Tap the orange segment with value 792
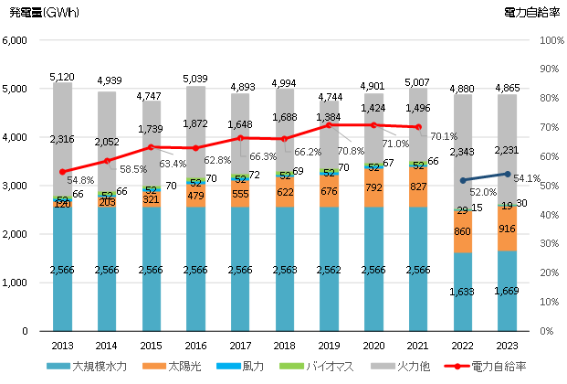(x=374, y=187)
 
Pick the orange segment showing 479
(x=196, y=196)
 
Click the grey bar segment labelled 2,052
(x=108, y=142)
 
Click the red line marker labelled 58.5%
(x=108, y=161)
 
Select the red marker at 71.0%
(x=374, y=125)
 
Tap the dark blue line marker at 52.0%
(x=464, y=180)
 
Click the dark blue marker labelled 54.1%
(x=508, y=174)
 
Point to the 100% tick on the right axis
(x=552, y=41)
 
